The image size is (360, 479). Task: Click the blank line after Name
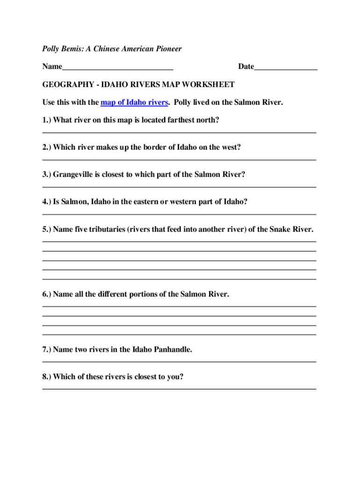tap(117, 69)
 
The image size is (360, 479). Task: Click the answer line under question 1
tap(179, 133)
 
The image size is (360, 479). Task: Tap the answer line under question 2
tap(179, 160)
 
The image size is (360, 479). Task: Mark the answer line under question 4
tap(179, 215)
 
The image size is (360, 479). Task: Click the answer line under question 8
tap(179, 389)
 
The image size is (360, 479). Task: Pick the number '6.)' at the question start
tap(47, 294)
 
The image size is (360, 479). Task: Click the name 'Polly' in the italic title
tap(51, 49)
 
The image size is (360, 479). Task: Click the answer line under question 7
tap(179, 362)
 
